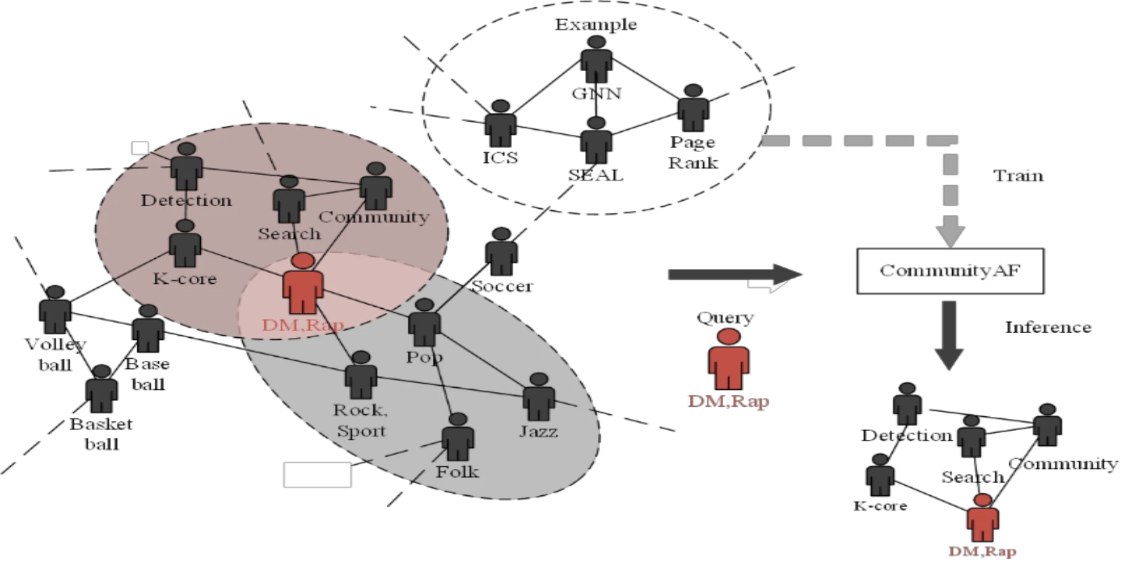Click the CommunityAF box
[949, 271]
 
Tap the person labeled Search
[289, 199]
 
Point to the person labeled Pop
[425, 323]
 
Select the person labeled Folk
[458, 437]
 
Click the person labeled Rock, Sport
[360, 375]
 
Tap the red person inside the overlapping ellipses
[302, 284]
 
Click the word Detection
[186, 201]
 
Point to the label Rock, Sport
[361, 420]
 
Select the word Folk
[457, 472]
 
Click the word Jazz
[538, 431]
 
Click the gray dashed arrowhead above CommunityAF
[950, 233]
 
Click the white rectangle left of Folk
[317, 474]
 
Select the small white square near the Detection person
[140, 148]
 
